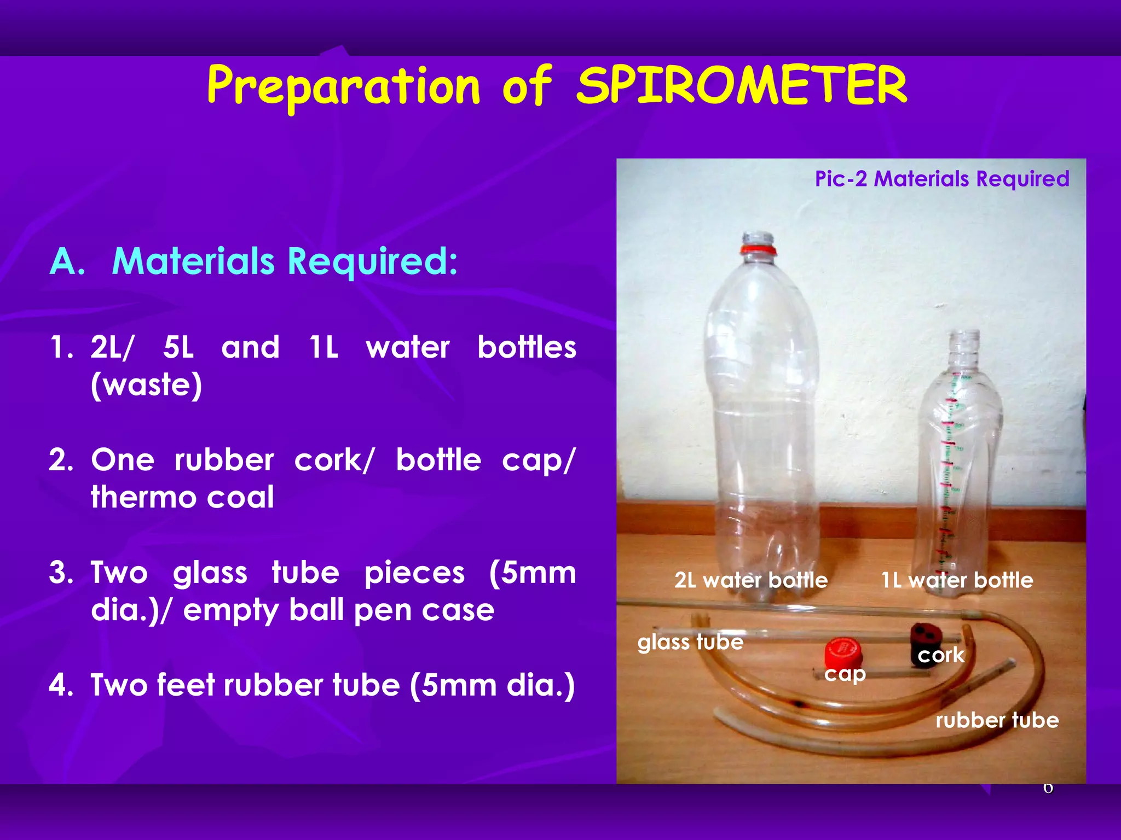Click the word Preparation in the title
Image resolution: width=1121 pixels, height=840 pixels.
click(344, 86)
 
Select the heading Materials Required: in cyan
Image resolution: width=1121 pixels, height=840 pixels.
click(285, 261)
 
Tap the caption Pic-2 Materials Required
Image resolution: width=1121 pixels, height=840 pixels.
click(941, 179)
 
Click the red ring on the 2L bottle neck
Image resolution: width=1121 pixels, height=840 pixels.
click(758, 250)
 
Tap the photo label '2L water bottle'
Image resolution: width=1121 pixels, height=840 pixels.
click(751, 580)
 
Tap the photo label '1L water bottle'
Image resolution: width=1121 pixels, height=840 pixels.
click(957, 580)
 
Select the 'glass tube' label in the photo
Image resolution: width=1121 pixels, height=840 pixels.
click(690, 642)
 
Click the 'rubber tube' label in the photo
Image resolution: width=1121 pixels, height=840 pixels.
click(997, 720)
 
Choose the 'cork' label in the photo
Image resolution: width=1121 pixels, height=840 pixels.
click(941, 655)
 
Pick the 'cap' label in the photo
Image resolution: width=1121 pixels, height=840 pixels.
click(845, 674)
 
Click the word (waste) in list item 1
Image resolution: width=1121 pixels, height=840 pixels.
click(147, 385)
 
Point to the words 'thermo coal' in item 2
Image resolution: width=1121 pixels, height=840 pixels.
click(182, 497)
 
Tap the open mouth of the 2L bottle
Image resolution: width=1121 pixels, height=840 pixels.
click(758, 236)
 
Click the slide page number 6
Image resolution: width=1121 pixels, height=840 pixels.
click(1048, 788)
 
